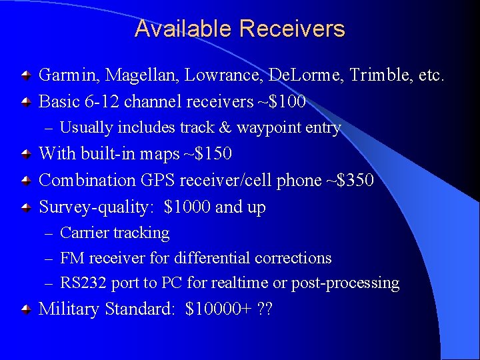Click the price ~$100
pyautogui.click(x=282, y=102)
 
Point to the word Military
pyautogui.click(x=69, y=309)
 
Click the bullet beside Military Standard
pyautogui.click(x=25, y=309)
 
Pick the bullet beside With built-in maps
pyautogui.click(x=25, y=154)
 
